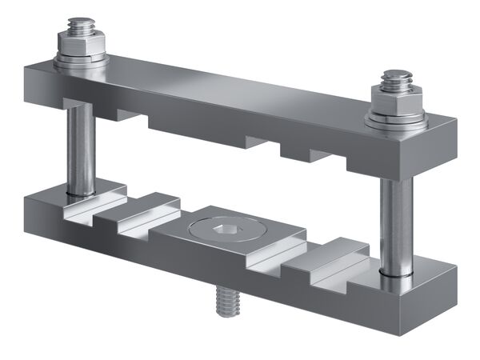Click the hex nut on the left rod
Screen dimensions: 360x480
click(x=81, y=46)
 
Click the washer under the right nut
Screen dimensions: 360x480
click(x=394, y=121)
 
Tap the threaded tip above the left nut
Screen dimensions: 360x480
click(x=81, y=26)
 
